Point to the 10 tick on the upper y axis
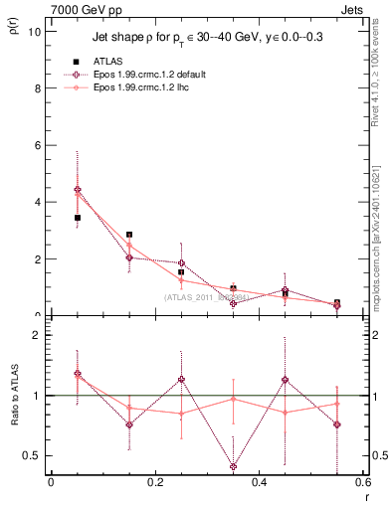[x=39, y=31]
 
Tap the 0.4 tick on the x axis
[x=259, y=483]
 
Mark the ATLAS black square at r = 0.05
[x=78, y=218]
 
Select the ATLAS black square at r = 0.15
[x=129, y=235]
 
